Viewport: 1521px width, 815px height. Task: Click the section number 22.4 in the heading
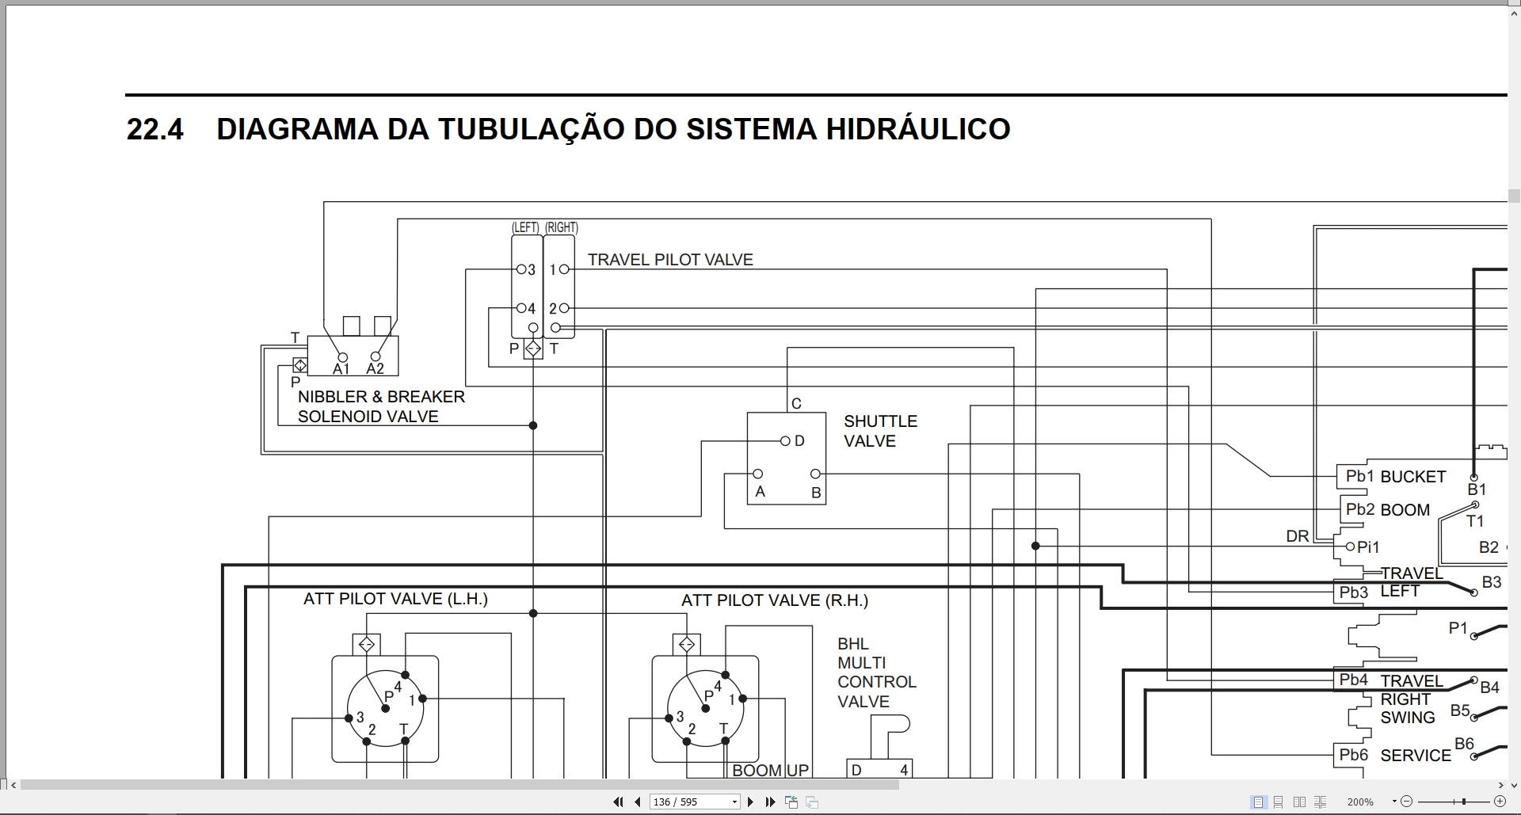154,129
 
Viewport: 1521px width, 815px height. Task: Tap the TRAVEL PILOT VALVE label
670,260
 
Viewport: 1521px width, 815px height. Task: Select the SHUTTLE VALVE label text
880,431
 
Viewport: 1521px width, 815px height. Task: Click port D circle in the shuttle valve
784,441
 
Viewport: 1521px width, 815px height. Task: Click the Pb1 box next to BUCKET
1359,476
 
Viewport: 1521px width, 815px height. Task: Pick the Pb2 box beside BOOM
1359,509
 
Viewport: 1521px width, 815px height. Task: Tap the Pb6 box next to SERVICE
1354,755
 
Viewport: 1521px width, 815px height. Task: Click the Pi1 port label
1368,547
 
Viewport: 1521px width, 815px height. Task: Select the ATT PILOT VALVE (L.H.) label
395,599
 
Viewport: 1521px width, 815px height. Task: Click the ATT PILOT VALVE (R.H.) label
775,600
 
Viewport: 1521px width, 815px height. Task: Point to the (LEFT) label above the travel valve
525,227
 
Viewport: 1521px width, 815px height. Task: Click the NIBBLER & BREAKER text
381,397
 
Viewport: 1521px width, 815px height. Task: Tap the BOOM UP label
770,770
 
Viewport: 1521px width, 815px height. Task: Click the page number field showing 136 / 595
694,802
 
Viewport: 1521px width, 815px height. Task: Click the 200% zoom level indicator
1360,802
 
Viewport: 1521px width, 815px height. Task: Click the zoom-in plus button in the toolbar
1500,802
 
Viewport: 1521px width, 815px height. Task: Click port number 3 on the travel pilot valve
532,270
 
